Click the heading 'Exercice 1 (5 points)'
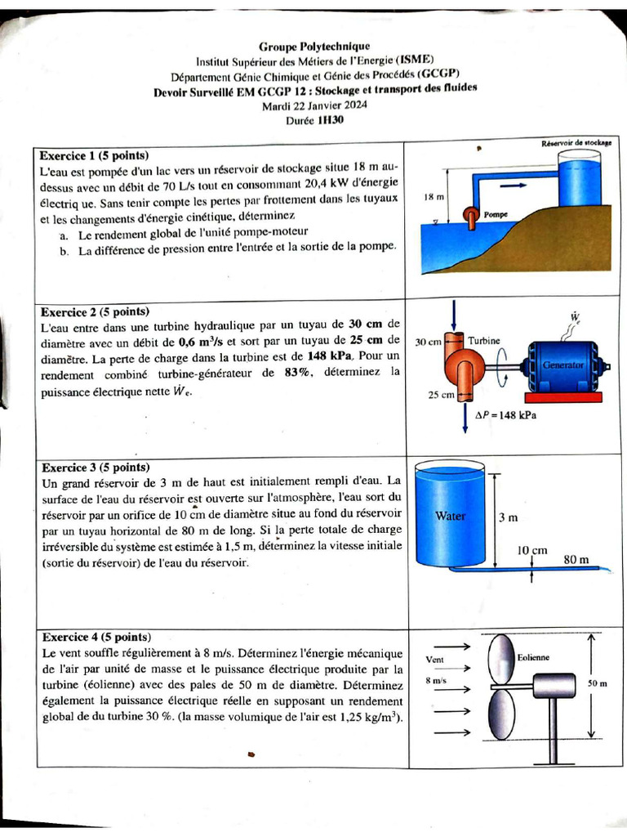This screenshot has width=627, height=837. pyautogui.click(x=95, y=154)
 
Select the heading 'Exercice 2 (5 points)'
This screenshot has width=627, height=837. pyautogui.click(x=95, y=311)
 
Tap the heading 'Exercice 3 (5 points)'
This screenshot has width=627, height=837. pyautogui.click(x=95, y=468)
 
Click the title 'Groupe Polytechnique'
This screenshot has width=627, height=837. pyautogui.click(x=314, y=47)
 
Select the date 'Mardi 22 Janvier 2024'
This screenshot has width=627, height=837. pyautogui.click(x=314, y=105)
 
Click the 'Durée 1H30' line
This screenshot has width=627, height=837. pyautogui.click(x=314, y=119)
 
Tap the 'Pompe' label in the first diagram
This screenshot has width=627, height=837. pyautogui.click(x=496, y=214)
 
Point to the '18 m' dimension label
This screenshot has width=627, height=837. pyautogui.click(x=434, y=198)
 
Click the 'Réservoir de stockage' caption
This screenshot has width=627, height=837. pyautogui.click(x=576, y=143)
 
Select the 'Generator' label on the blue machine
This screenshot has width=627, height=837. pyautogui.click(x=563, y=365)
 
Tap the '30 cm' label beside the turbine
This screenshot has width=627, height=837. pyautogui.click(x=428, y=341)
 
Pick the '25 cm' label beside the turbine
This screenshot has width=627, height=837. pyautogui.click(x=441, y=396)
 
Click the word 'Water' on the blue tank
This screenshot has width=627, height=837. pyautogui.click(x=450, y=516)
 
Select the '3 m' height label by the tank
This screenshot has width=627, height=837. pyautogui.click(x=508, y=517)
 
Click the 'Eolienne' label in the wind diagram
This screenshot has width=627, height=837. pyautogui.click(x=533, y=657)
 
